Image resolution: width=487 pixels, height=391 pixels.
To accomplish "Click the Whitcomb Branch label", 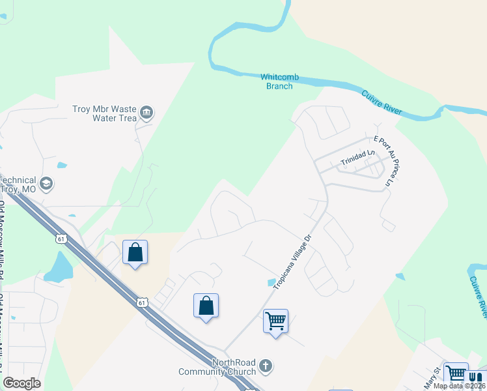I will tap(280, 81).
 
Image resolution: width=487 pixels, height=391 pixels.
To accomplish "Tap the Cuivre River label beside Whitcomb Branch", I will tap(382, 104).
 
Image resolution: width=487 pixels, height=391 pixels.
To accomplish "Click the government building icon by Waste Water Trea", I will tap(146, 113).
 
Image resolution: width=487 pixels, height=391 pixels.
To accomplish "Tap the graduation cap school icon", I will tap(46, 184).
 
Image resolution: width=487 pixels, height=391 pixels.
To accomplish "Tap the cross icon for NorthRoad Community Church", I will tap(265, 366).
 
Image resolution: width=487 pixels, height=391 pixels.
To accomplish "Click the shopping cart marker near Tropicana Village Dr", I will tap(275, 321).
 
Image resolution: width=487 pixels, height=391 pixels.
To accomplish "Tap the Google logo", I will tap(21, 383).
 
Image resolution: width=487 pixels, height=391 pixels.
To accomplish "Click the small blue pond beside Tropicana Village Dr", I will tap(271, 282).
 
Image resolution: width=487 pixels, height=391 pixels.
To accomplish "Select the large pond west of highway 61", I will tap(59, 267).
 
